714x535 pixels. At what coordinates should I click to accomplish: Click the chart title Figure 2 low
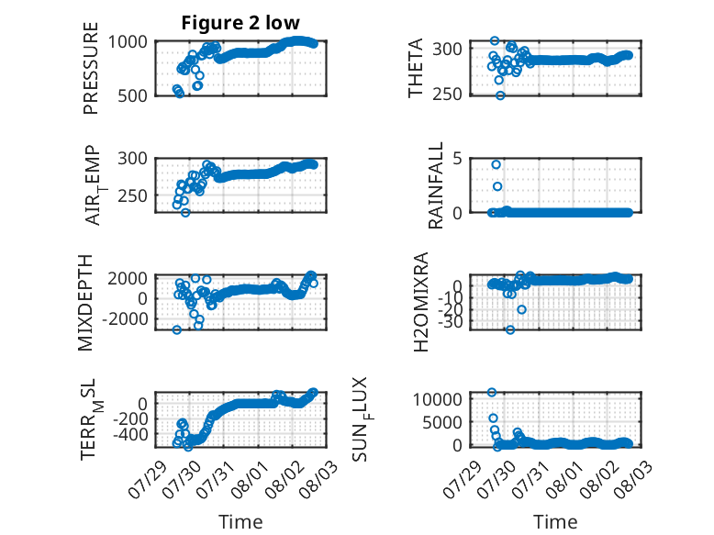240,22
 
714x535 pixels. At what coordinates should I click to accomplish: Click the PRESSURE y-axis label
91,68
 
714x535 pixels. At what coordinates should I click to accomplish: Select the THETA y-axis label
416,68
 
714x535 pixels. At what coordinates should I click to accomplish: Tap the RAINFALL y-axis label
436,185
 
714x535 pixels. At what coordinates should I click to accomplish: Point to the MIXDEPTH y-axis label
85,303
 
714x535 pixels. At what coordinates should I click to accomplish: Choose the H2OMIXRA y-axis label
421,302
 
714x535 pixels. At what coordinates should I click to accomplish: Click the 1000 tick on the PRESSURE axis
128,42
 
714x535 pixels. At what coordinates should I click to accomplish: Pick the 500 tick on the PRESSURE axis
132,95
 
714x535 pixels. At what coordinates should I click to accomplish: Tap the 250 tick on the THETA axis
447,95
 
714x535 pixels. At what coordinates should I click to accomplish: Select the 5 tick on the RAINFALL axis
458,159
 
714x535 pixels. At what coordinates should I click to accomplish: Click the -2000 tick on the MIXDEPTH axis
125,319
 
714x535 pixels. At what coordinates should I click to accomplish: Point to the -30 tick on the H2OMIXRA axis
450,322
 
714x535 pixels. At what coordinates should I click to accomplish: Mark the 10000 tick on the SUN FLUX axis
438,399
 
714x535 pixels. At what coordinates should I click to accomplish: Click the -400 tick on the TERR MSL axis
129,434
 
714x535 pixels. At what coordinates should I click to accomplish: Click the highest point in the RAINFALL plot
496,164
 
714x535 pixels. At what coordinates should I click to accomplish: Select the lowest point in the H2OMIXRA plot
510,329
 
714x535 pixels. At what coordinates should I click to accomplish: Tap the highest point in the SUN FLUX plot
491,392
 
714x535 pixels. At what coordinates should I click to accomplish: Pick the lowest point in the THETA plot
500,95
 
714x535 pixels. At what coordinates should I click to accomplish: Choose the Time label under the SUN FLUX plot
555,521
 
